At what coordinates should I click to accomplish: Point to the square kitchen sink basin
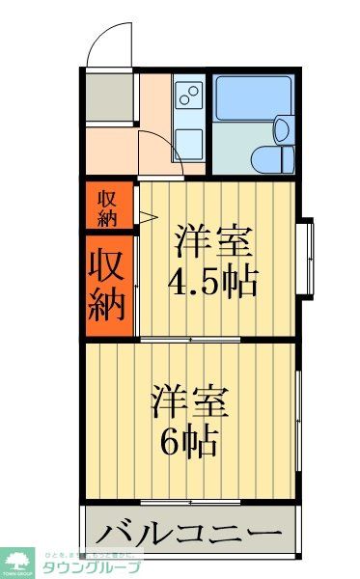[x=188, y=142]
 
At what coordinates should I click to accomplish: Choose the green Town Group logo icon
[x=18, y=560]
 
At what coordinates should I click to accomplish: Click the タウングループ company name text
[x=93, y=567]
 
